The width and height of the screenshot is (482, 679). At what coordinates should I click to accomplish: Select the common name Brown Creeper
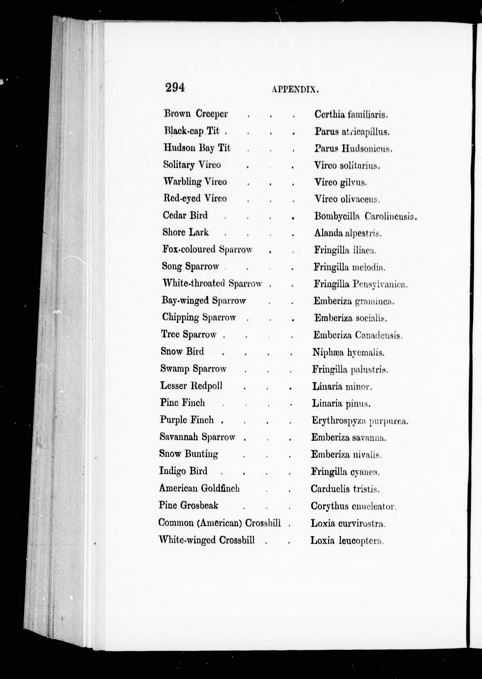(x=196, y=114)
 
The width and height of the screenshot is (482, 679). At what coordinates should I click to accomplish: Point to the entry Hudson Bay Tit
(x=196, y=148)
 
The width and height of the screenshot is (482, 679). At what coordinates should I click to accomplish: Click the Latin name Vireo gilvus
(x=340, y=182)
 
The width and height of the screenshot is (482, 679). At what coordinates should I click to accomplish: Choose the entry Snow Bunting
(x=188, y=454)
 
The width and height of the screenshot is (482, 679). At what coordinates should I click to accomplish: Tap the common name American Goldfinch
(x=199, y=488)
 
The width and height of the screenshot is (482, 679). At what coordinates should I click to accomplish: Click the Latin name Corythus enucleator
(x=353, y=506)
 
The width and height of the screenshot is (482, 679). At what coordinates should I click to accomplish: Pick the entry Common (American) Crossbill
(x=219, y=523)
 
